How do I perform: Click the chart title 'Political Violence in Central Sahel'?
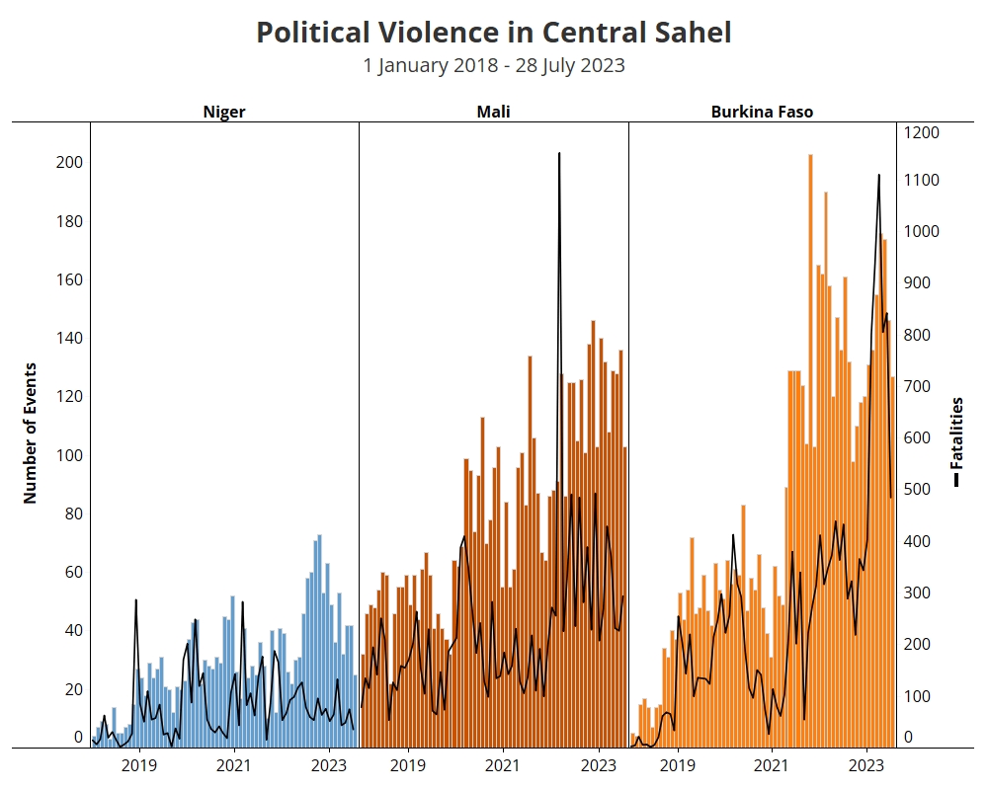tap(494, 33)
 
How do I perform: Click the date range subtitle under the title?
tap(494, 66)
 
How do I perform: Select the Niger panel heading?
tap(224, 112)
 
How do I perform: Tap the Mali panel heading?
tap(493, 112)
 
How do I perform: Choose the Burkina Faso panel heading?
tap(762, 112)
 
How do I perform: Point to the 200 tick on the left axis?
tap(69, 163)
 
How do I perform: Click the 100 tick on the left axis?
tap(69, 455)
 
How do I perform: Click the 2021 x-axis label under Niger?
tap(233, 765)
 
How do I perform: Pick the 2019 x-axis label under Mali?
tap(407, 765)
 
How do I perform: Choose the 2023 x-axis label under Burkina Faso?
tap(866, 765)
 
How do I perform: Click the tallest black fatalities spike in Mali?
tap(559, 155)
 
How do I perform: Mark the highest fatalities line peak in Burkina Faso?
tap(879, 176)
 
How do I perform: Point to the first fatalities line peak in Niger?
tap(135, 600)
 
